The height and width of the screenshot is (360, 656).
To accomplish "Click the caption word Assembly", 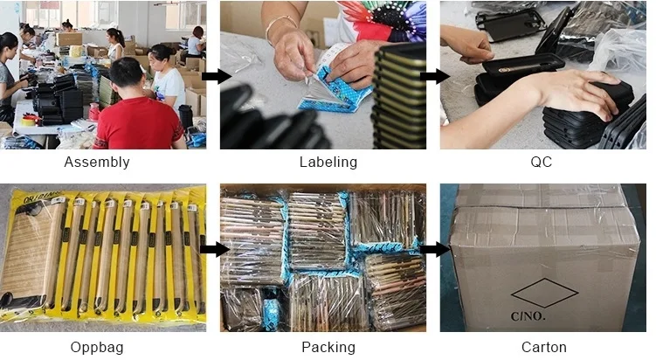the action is (x=97, y=162).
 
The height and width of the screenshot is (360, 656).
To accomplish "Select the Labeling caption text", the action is (x=328, y=162).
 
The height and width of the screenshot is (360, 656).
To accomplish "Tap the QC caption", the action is (x=541, y=162).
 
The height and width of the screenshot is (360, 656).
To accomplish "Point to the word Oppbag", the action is (x=97, y=347).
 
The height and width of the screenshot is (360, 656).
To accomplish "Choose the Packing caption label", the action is (x=328, y=347).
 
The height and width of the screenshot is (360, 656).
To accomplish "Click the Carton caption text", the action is (x=544, y=347).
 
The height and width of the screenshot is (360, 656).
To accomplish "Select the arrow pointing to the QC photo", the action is (x=430, y=76).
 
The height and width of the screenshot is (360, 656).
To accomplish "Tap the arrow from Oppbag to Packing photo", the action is (x=210, y=249).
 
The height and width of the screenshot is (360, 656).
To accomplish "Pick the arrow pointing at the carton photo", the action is (x=430, y=249).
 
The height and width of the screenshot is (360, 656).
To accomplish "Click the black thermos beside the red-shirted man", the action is (x=185, y=117).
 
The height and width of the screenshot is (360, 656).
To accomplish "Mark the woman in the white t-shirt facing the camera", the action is (x=167, y=79).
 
